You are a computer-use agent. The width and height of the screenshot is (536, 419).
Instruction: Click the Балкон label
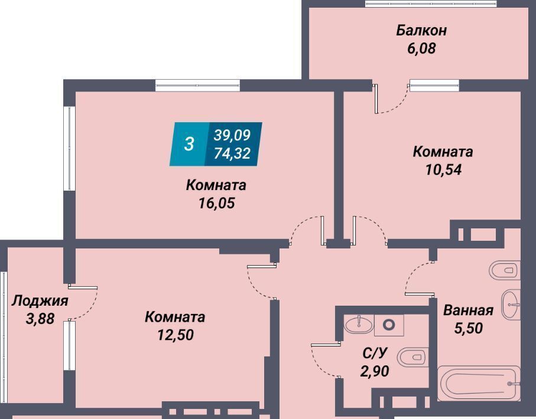click(421, 30)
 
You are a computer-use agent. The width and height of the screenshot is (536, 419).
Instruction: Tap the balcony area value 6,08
click(421, 48)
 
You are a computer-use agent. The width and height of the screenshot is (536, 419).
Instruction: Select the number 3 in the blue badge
click(189, 144)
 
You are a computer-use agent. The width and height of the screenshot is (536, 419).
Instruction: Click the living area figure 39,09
click(232, 135)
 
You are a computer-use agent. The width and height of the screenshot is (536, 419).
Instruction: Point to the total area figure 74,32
click(232, 153)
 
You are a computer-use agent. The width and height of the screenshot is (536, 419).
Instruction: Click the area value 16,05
click(216, 203)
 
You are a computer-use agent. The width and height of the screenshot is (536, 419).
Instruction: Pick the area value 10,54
click(443, 169)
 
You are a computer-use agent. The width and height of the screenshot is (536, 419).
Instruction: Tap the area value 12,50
click(176, 335)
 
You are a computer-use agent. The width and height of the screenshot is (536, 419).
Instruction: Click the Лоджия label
click(40, 301)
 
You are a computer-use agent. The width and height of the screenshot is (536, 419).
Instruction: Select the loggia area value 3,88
click(40, 319)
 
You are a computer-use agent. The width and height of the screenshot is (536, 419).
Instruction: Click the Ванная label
click(468, 310)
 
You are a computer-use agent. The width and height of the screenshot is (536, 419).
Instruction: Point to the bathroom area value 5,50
click(468, 328)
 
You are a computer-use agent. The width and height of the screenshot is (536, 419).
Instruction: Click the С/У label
click(375, 353)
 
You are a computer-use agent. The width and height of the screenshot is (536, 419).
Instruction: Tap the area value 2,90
click(375, 371)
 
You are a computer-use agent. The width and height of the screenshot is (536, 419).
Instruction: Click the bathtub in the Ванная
click(479, 383)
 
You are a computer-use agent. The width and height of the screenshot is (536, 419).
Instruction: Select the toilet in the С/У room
click(413, 358)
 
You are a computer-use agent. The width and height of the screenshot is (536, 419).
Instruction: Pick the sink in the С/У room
click(359, 324)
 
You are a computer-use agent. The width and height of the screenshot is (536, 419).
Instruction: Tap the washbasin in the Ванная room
click(511, 305)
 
